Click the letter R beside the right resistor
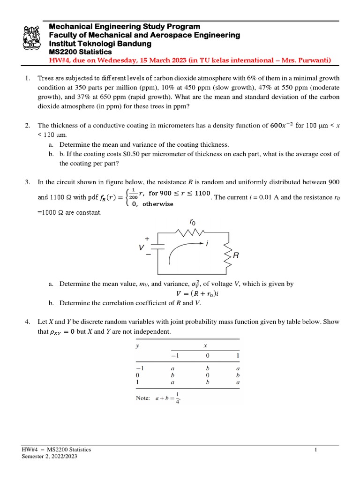point(236,256)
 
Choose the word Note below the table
point(142,398)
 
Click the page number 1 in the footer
point(316,450)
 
